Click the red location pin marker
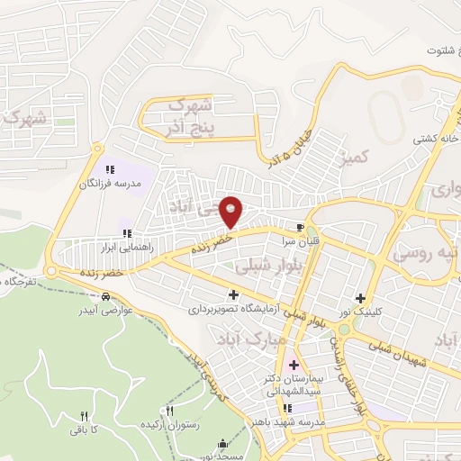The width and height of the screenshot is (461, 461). coord(232,211)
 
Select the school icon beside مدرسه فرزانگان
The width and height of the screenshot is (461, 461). coord(110,169)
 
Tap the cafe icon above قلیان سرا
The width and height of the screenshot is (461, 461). coord(300,226)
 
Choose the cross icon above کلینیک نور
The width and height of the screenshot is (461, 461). coord(361,298)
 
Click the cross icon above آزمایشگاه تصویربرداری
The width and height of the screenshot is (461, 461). coord(234,294)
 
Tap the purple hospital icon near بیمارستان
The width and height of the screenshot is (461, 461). coord(294,366)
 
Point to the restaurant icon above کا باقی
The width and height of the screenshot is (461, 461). coord(85,416)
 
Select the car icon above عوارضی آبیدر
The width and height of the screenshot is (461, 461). coord(106,297)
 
